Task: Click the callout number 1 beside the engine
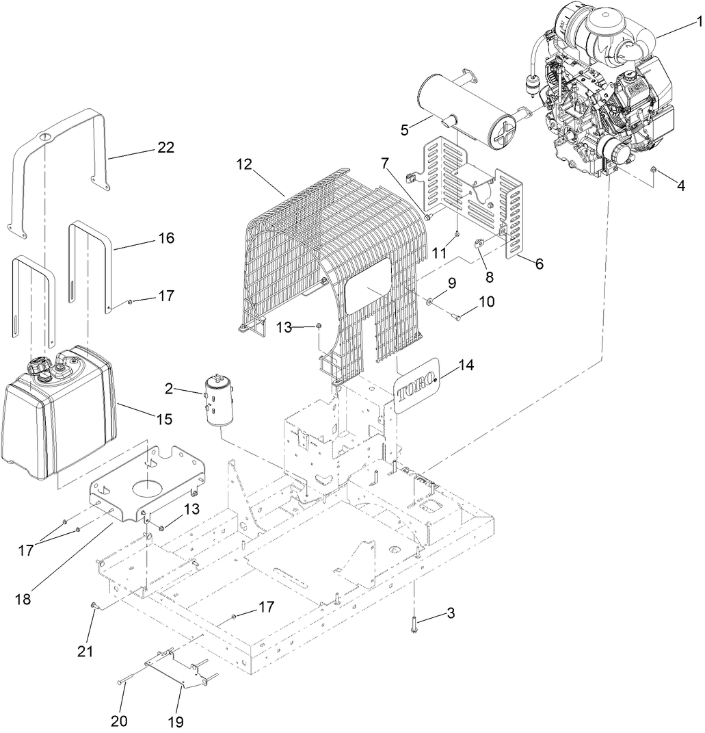pos(699,23)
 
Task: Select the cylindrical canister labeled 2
pos(218,400)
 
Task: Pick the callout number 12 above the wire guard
pos(245,164)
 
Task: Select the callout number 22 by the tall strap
pos(165,147)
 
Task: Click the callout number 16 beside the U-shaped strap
pos(165,238)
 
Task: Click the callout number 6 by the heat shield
pos(540,263)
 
